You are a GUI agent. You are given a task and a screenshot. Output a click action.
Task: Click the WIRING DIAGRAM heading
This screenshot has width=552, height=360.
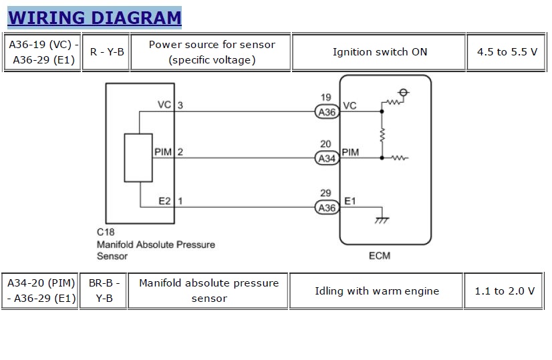pos(94,17)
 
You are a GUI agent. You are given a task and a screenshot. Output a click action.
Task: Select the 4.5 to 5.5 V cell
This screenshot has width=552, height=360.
pos(507,52)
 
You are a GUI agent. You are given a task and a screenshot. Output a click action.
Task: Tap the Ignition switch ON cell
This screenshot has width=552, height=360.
pos(380,52)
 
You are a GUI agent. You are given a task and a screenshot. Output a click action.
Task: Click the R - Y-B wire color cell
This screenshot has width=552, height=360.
pos(106,52)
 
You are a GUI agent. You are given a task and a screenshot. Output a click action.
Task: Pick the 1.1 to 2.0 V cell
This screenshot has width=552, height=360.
pos(505,291)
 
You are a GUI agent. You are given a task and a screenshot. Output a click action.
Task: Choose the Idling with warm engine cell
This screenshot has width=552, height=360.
pos(376,291)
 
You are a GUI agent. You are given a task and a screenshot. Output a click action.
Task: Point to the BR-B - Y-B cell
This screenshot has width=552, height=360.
pos(103,291)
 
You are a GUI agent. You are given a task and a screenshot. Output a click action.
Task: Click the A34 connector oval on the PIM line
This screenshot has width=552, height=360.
pos(327,158)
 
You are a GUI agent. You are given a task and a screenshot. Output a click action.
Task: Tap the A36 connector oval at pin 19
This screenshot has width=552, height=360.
pos(327,112)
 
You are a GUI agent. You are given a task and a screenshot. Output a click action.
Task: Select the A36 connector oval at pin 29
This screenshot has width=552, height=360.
pos(327,208)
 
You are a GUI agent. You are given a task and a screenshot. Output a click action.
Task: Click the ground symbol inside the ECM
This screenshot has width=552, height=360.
pos(382,218)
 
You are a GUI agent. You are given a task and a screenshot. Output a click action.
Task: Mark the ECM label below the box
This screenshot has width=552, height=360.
pos(379,256)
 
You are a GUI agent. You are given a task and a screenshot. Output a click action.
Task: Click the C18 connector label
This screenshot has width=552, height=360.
pos(106,232)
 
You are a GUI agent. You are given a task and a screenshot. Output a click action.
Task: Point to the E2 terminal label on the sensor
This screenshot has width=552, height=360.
pos(164,200)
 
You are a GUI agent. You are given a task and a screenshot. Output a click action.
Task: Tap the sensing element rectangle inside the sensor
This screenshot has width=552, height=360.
pos(139,158)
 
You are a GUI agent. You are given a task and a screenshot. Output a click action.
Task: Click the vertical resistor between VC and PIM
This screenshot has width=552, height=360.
pos(382,135)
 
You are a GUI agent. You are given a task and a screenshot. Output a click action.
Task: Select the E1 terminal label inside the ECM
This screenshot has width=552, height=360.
pos(350,200)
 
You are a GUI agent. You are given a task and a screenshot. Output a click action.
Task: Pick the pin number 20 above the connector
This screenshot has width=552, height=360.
pos(325,144)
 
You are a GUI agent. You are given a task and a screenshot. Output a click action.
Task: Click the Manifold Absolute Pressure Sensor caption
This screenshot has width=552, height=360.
pos(156,250)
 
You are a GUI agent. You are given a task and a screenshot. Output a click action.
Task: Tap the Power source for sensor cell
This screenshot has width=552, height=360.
pos(212,52)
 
